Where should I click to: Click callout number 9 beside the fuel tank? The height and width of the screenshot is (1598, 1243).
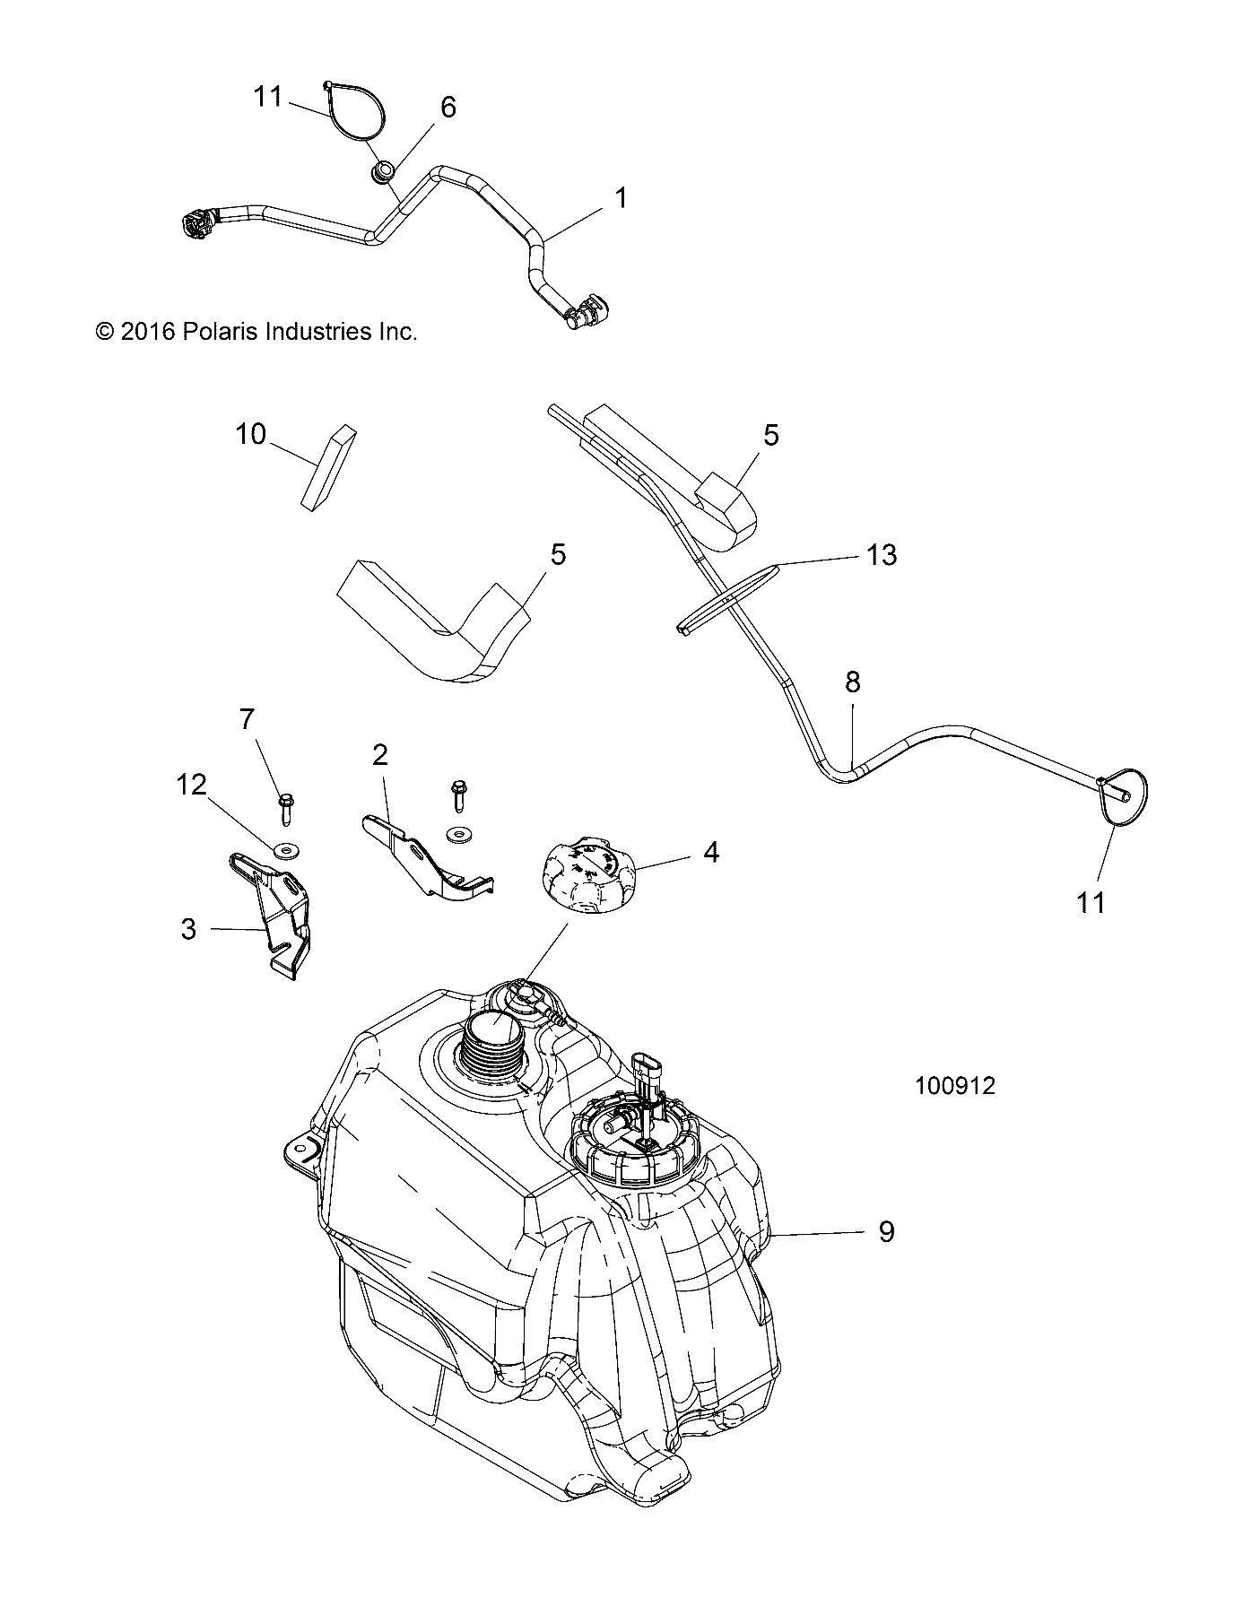pyautogui.click(x=886, y=1231)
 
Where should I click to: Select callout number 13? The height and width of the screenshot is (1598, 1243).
pyautogui.click(x=882, y=555)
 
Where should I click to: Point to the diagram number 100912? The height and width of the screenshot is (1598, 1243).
pyautogui.click(x=955, y=1086)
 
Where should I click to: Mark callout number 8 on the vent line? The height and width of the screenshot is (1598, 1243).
pyautogui.click(x=852, y=682)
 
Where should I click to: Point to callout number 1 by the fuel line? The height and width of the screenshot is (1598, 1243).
pyautogui.click(x=621, y=198)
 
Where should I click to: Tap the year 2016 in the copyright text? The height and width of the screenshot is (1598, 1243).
pyautogui.click(x=147, y=332)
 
